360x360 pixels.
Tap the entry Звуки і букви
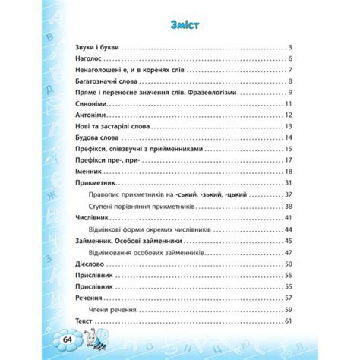99,48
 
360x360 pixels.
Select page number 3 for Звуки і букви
290,48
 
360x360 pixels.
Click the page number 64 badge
68,338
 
